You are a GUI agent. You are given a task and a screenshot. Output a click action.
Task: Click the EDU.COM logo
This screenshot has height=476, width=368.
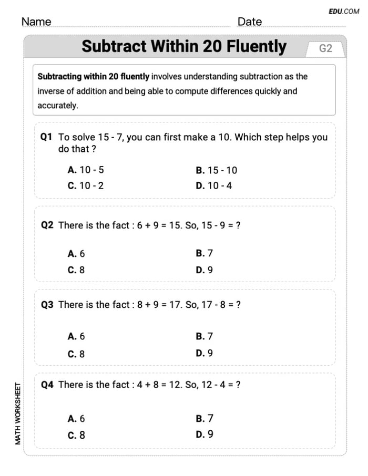(344, 11)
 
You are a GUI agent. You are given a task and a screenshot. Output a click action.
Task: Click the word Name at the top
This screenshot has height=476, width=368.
(36, 22)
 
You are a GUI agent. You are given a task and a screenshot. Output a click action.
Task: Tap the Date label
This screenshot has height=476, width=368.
(249, 22)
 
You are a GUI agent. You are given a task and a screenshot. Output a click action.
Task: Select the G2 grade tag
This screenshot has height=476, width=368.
(325, 48)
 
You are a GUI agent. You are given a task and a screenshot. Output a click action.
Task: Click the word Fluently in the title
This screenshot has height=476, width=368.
(257, 47)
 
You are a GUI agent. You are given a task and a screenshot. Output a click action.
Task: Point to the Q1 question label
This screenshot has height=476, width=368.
(47, 137)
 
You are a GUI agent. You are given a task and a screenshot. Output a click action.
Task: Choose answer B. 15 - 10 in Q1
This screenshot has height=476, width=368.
(216, 170)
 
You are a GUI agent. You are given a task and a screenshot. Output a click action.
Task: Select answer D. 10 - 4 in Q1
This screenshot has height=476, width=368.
(213, 185)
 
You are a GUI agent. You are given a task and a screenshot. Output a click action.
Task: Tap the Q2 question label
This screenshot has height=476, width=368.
(47, 225)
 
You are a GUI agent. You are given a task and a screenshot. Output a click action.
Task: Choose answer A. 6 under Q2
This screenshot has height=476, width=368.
(76, 254)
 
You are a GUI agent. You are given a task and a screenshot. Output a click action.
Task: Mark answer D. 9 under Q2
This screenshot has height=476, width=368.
(204, 270)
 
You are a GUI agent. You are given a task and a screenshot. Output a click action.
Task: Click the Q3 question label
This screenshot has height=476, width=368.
(47, 305)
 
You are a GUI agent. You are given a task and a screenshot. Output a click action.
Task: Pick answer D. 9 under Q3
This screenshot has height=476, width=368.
(204, 353)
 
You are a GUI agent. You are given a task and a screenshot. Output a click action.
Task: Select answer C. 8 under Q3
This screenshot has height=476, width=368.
(76, 354)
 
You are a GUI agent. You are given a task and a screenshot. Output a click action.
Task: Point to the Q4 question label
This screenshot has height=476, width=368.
(47, 385)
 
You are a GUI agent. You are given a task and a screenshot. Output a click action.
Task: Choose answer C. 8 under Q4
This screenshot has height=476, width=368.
(76, 435)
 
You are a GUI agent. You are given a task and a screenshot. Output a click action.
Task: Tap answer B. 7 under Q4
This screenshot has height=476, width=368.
(205, 419)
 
